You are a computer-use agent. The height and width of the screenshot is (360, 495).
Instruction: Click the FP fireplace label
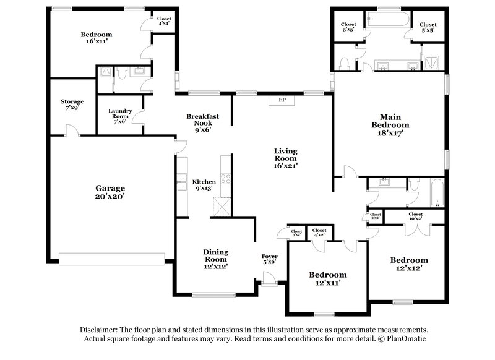(282, 100)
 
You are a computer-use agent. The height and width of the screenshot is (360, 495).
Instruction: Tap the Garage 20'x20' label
(110, 192)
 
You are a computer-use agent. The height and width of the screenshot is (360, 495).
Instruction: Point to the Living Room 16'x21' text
(286, 158)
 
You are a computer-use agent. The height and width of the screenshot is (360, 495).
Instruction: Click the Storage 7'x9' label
(72, 105)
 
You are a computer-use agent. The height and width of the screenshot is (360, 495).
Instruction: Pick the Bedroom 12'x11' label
(328, 278)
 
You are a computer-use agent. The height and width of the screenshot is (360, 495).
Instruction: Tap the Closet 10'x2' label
(416, 216)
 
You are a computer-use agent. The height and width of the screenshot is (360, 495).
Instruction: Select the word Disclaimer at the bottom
(100, 330)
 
